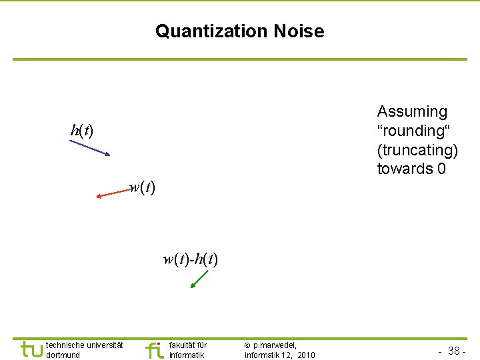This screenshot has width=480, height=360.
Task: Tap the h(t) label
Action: (x=81, y=130)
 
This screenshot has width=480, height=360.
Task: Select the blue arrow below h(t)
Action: (x=89, y=147)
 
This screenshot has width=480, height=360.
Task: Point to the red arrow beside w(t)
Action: (x=111, y=193)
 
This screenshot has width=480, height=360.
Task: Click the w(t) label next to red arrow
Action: (x=142, y=188)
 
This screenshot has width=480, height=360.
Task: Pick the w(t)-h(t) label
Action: (x=190, y=259)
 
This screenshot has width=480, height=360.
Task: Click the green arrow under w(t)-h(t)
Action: (x=199, y=279)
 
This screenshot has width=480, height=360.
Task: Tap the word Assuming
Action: (x=412, y=111)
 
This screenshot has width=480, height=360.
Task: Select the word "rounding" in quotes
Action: (x=411, y=131)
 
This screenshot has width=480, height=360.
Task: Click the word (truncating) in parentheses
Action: (x=417, y=150)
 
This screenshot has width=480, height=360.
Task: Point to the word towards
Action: (x=405, y=169)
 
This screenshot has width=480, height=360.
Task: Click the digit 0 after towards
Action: (x=441, y=169)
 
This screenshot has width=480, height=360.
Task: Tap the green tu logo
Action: (x=30, y=349)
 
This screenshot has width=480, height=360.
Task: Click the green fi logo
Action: (x=154, y=349)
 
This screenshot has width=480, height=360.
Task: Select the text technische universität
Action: (x=84, y=345)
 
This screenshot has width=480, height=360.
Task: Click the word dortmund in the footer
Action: (x=63, y=355)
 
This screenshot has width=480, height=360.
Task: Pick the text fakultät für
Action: (x=188, y=345)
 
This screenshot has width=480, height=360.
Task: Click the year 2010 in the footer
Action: (x=306, y=355)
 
